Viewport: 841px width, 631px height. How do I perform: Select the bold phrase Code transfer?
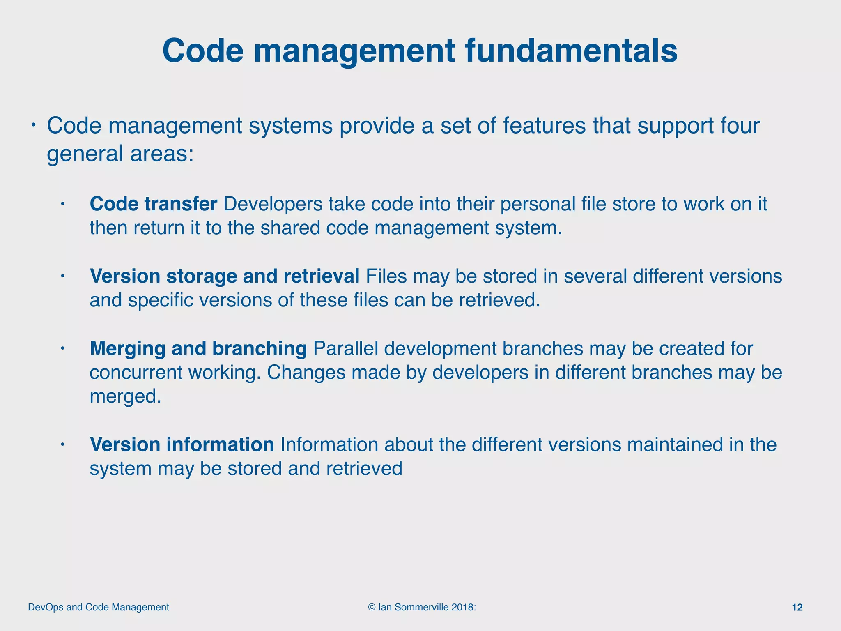[153, 204]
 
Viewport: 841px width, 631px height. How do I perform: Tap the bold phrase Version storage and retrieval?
[225, 276]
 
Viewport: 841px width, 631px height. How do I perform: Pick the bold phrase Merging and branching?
[198, 348]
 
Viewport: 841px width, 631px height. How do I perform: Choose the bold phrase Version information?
[182, 444]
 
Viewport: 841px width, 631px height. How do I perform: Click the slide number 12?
[797, 608]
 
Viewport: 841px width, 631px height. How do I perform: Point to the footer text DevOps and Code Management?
[99, 607]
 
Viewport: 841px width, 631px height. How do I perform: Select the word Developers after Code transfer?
[273, 204]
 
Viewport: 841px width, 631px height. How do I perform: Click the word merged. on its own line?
[125, 396]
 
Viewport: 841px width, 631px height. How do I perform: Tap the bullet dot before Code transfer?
[62, 204]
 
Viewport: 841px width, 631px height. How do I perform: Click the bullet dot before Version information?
[62, 444]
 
